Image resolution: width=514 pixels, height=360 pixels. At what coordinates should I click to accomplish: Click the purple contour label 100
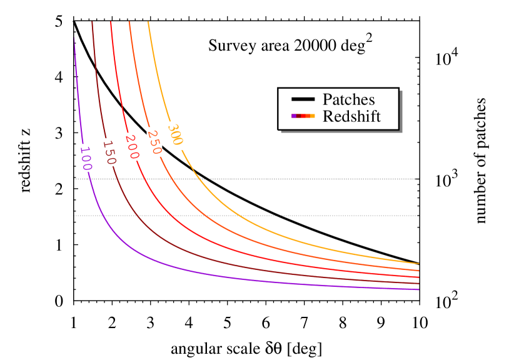[x=86, y=158]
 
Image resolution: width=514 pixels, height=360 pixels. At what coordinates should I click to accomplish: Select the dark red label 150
[x=109, y=152]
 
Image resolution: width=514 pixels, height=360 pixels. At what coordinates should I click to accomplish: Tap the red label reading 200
[x=133, y=147]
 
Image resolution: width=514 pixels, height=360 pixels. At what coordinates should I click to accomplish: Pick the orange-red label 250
[x=154, y=142]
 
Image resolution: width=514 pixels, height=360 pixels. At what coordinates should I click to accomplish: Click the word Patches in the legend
[x=348, y=99]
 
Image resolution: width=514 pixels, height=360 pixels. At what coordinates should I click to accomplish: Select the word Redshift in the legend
[x=351, y=116]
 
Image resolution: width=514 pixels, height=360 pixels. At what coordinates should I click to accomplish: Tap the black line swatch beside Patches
[x=303, y=99]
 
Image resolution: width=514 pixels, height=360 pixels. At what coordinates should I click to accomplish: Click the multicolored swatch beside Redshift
[x=303, y=116]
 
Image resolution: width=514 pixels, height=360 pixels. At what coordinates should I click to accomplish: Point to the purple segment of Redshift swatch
[x=294, y=116]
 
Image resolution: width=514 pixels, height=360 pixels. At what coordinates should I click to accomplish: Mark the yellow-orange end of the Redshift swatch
[x=312, y=116]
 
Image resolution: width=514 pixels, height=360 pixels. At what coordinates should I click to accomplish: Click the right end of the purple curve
[x=418, y=289]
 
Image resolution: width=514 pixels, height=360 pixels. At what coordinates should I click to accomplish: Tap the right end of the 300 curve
[x=418, y=264]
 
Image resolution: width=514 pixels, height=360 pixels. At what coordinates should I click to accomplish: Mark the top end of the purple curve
[x=74, y=39]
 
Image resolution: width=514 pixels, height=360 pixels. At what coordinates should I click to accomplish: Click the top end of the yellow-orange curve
[x=148, y=22]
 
